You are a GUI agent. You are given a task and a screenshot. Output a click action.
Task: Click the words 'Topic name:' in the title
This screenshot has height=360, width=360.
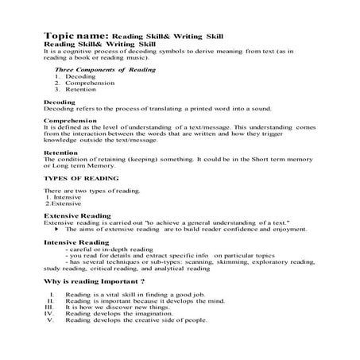click(x=76, y=36)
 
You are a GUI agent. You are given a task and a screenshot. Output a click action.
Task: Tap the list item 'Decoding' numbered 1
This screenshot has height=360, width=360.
click(x=79, y=76)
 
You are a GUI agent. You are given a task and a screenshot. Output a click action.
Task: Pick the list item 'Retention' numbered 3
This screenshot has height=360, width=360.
click(x=79, y=89)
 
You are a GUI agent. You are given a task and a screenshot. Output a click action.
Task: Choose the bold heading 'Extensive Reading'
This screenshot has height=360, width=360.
click(x=76, y=216)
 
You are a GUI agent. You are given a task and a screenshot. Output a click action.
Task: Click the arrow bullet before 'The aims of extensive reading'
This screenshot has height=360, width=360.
click(x=58, y=229)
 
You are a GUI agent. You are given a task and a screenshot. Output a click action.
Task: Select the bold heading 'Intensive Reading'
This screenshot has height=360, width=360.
click(x=75, y=242)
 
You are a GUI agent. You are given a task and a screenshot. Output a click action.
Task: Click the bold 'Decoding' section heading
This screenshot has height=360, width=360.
click(x=60, y=102)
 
